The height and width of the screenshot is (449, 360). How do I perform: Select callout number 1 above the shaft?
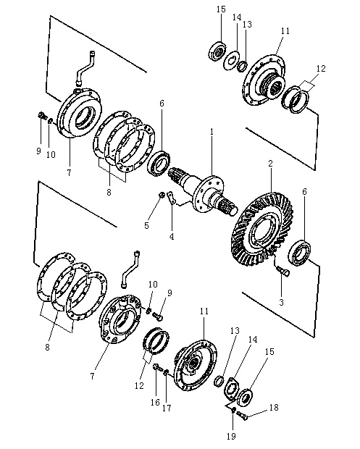[212, 132]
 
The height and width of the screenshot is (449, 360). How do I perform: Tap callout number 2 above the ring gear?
[270, 164]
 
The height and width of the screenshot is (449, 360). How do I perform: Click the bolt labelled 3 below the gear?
[283, 272]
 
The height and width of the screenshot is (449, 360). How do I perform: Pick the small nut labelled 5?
[162, 196]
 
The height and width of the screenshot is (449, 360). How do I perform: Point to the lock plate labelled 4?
[171, 198]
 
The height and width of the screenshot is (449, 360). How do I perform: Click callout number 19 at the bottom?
[231, 436]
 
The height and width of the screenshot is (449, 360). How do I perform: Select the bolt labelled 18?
[241, 415]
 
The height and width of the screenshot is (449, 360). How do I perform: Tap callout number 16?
[155, 403]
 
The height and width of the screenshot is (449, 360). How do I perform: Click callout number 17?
[167, 408]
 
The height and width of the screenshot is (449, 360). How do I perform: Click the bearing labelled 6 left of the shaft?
[159, 163]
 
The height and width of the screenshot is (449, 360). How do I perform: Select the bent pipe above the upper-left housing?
[85, 67]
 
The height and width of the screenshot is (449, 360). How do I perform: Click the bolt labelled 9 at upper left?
[42, 116]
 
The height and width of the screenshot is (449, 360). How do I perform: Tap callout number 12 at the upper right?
[321, 69]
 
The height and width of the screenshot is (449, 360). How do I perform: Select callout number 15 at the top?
[221, 9]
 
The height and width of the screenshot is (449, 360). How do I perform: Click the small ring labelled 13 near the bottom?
[219, 381]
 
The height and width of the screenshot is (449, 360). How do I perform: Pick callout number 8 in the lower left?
[47, 347]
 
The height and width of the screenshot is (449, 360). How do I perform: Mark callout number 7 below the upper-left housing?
[69, 172]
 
